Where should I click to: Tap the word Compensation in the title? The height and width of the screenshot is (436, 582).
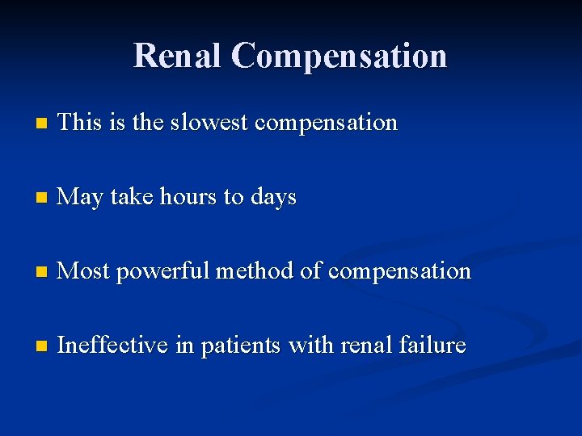click(x=339, y=56)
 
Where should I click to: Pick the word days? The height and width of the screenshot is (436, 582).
click(x=273, y=198)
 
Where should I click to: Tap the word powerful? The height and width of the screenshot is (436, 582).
click(x=163, y=272)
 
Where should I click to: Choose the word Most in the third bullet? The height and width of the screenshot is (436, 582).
click(x=83, y=271)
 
